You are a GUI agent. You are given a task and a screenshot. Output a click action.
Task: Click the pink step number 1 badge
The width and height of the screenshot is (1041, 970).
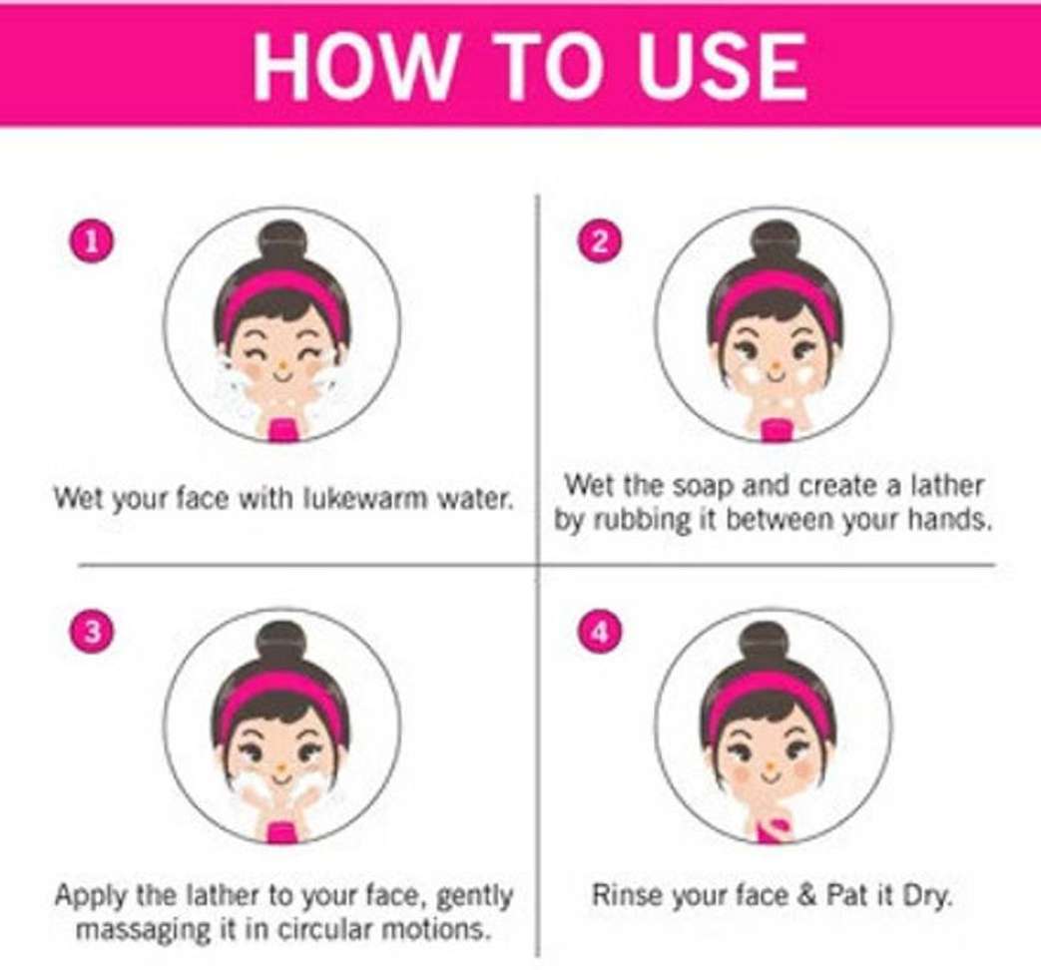(94, 242)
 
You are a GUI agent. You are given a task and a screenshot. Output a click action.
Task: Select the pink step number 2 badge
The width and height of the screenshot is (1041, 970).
(600, 242)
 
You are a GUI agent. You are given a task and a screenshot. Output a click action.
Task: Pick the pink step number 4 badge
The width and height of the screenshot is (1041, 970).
(600, 632)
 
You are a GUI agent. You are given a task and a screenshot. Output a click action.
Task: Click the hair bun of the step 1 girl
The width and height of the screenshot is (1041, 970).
(282, 241)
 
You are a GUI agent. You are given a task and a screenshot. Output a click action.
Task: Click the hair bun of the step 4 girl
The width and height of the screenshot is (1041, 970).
(765, 642)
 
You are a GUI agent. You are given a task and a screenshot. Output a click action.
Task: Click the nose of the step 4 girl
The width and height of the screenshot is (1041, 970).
(771, 769)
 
